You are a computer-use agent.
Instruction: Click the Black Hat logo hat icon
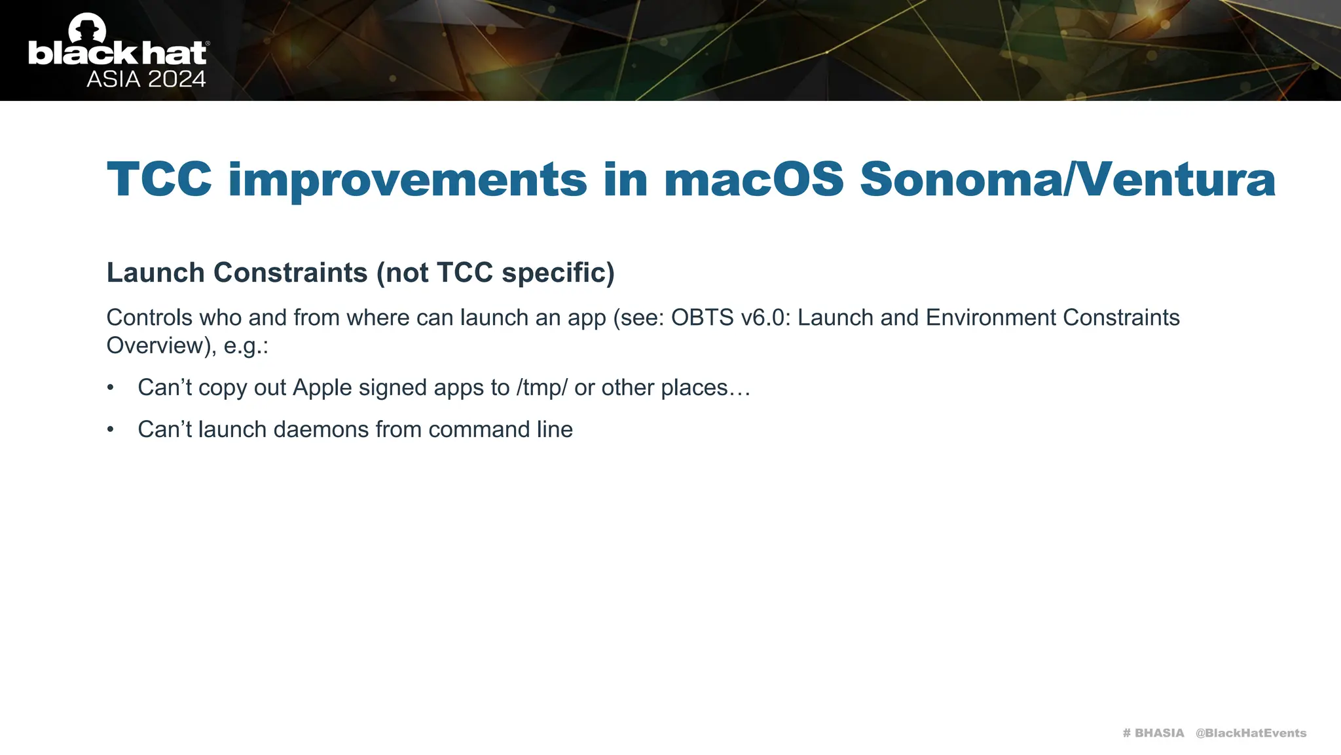point(87,28)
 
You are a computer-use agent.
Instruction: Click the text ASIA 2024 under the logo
point(146,79)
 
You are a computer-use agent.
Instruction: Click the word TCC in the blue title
point(159,180)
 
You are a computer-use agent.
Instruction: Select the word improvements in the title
point(407,180)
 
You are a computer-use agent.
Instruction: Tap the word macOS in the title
point(754,180)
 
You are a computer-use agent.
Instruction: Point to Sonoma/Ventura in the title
point(1067,180)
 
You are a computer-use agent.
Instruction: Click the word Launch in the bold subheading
point(155,273)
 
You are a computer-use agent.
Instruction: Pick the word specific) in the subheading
point(558,273)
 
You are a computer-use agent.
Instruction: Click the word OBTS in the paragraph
point(702,318)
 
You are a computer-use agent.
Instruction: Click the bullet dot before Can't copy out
point(111,388)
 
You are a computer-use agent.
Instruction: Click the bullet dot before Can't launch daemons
point(111,430)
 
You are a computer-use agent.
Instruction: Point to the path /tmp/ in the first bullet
point(542,388)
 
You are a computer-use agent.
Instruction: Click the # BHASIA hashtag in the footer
point(1153,733)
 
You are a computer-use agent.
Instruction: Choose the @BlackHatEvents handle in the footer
point(1251,733)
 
